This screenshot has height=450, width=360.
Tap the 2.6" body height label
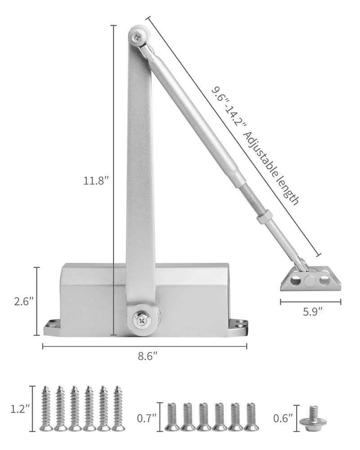[x=24, y=301]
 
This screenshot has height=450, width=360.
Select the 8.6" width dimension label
[x=148, y=356]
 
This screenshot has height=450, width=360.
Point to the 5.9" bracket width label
[x=313, y=311]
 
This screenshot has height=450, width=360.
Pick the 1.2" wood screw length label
[x=20, y=409]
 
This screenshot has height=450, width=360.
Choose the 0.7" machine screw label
[x=146, y=418]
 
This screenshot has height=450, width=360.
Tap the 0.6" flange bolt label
[x=283, y=418]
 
